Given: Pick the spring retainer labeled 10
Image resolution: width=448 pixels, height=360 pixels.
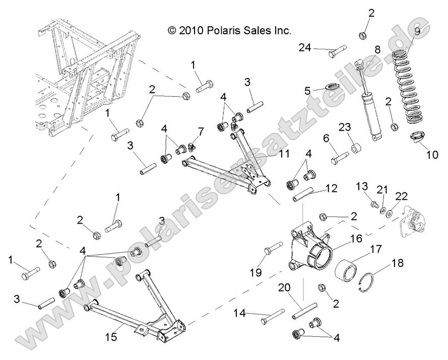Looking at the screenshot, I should click(420, 136).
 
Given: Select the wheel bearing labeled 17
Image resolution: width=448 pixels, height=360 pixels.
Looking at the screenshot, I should click(347, 268).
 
